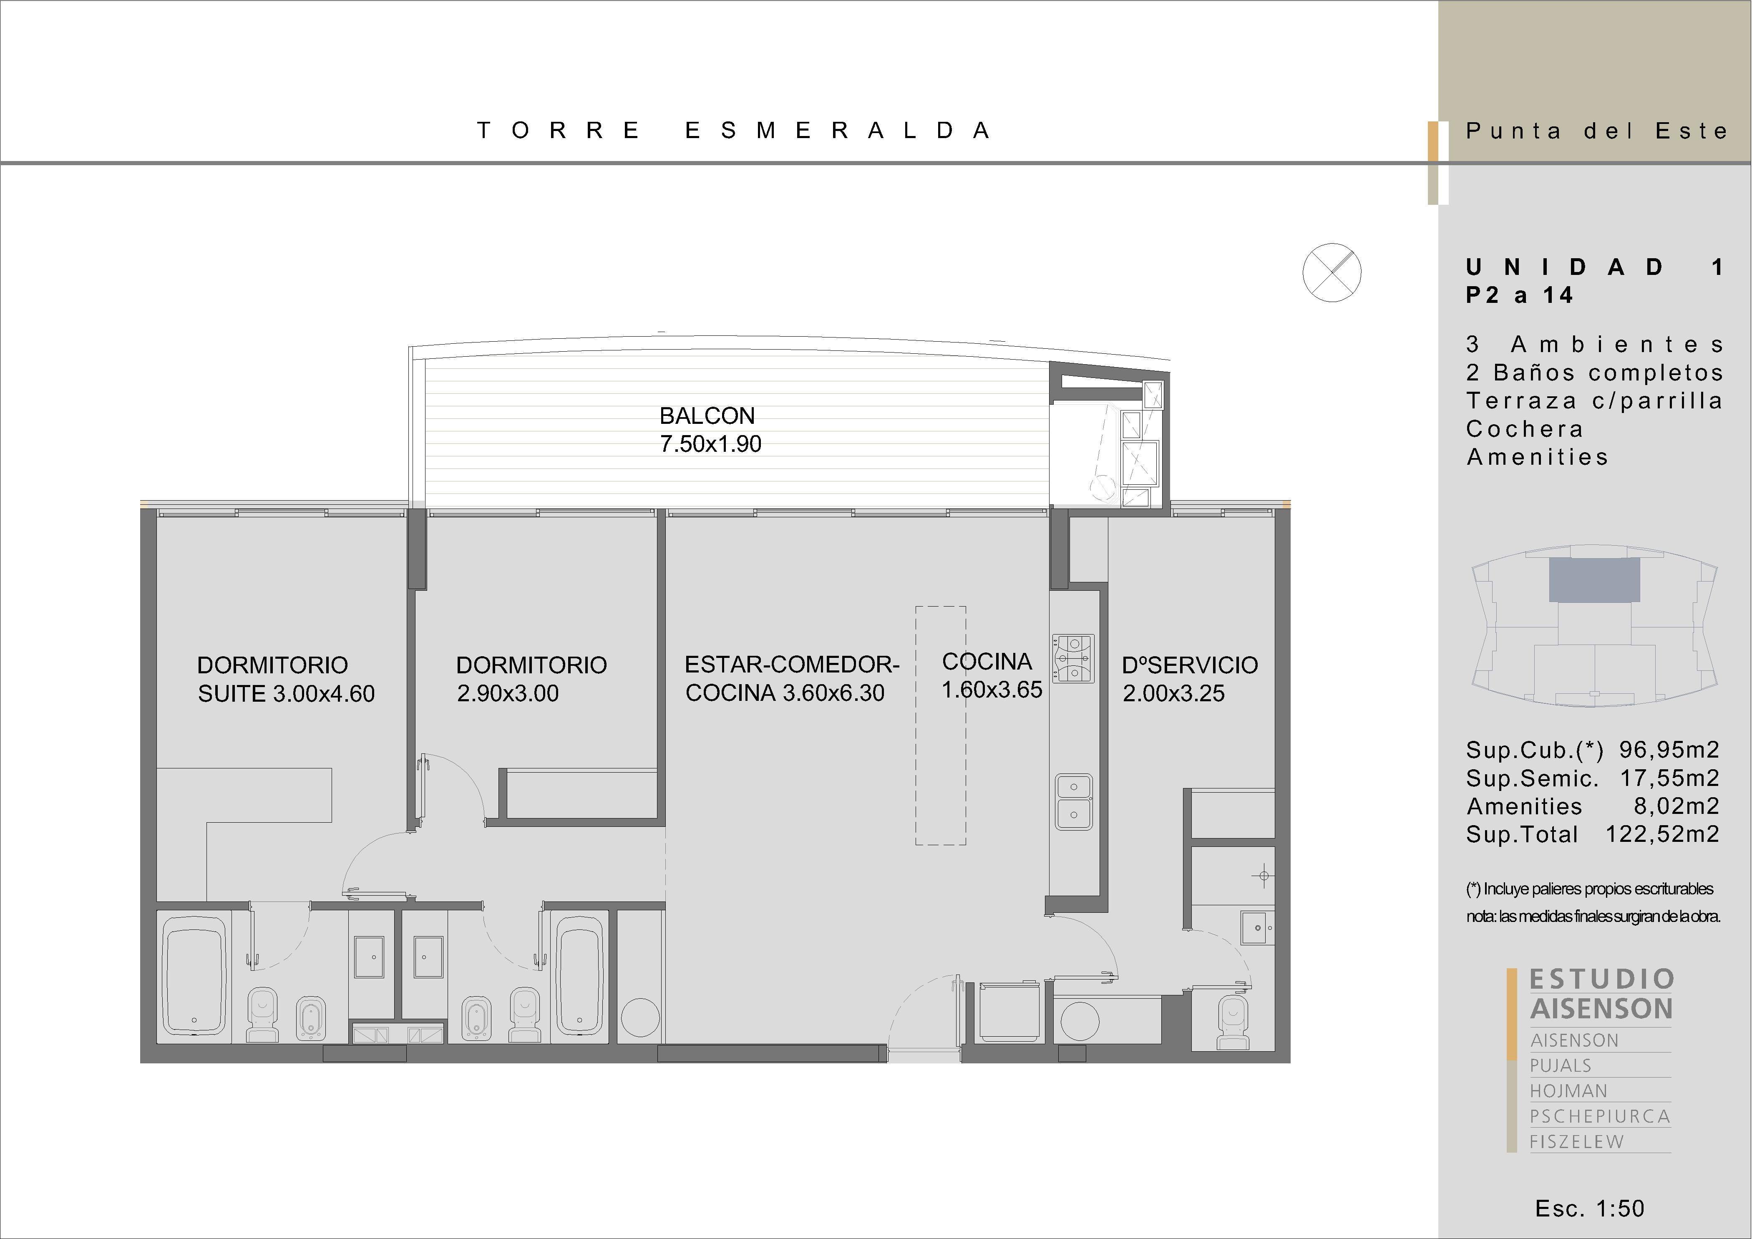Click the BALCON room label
[707, 416]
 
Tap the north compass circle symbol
[1332, 272]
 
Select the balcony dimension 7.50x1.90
[710, 444]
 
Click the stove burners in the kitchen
[1074, 657]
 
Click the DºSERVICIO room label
[1190, 665]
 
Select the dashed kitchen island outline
[941, 725]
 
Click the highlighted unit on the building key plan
[1594, 580]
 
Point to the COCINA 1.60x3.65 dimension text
[991, 675]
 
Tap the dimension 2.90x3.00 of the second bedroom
[507, 693]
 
